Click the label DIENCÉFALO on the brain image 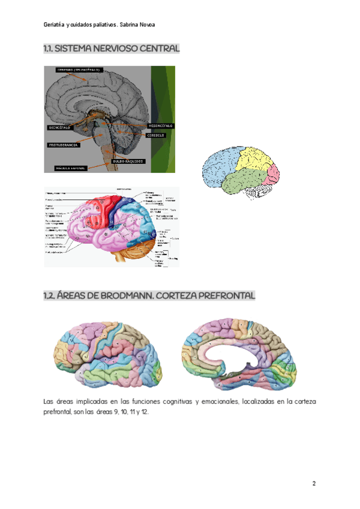coord(59,128)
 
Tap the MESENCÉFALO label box coord(160,125)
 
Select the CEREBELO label coord(157,135)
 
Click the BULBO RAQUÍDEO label coord(127,161)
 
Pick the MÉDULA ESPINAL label coord(71,167)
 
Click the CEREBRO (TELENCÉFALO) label coord(79,70)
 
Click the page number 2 coord(314,484)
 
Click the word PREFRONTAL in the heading coord(226,296)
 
